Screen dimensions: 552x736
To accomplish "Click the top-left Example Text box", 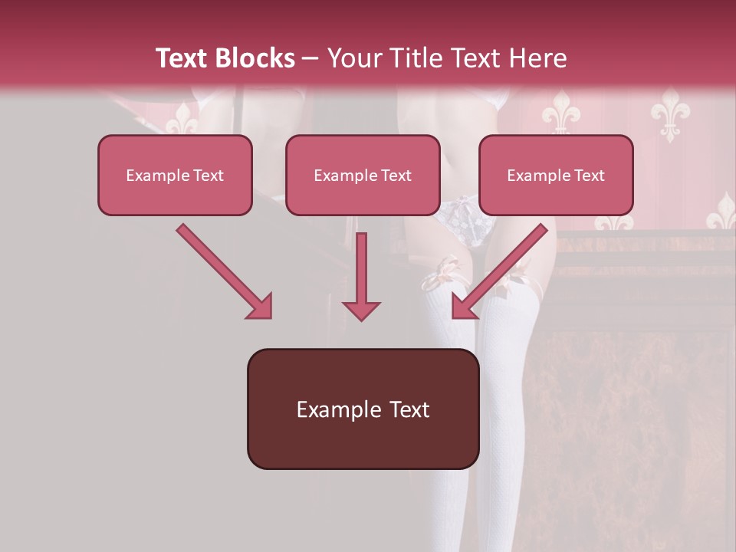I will coord(175,175).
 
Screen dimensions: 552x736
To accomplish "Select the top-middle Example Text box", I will coord(363,175).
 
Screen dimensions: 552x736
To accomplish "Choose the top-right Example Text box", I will coord(556,175).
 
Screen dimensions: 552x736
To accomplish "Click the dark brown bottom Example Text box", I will coord(363,409).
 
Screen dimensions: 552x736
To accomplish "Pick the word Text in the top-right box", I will coord(588,176).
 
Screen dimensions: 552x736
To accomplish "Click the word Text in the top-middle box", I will coord(395,176).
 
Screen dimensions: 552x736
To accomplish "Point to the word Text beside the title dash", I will coord(183,58).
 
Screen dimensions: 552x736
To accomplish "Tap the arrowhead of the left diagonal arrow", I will coord(261,307).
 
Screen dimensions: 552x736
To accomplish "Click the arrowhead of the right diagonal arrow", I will coord(463,307).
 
